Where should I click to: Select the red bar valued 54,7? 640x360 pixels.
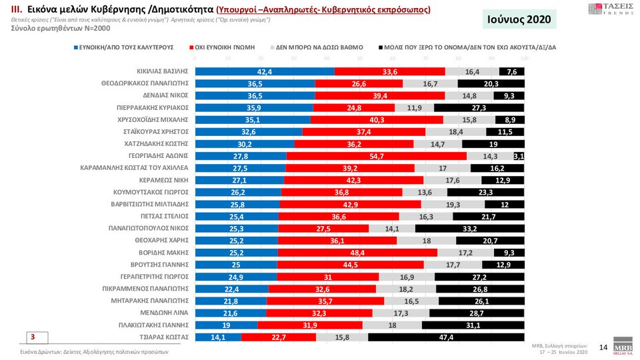[376, 156]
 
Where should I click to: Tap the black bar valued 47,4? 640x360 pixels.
[446, 337]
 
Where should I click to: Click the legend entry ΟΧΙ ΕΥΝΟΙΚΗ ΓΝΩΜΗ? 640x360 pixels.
[225, 48]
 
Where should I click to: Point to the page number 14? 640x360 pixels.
[603, 347]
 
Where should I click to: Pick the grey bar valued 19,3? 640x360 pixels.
[453, 204]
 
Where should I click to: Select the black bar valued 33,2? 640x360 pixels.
[469, 228]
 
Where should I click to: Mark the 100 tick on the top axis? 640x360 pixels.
[524, 59]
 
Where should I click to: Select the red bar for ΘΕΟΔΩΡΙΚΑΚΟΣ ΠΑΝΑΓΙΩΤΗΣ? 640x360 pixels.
[359, 83]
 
